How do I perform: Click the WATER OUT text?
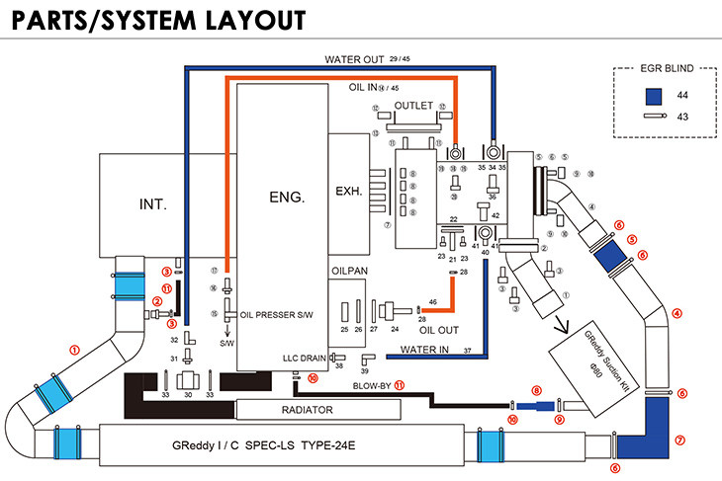[354, 58]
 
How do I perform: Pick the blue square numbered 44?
[652, 96]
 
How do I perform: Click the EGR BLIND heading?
[652, 71]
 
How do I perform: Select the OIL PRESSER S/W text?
[278, 315]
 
